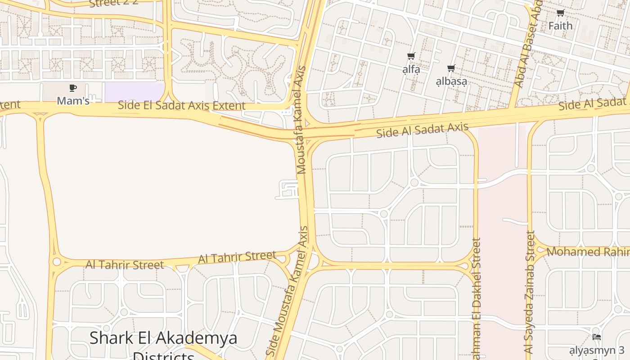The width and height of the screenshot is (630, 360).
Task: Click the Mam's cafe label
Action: tap(73, 101)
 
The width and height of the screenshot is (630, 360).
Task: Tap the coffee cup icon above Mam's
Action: tap(73, 88)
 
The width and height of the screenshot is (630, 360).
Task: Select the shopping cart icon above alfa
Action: tap(411, 57)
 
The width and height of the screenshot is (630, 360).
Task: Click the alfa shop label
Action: tap(411, 69)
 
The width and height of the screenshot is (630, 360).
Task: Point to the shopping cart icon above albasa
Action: tap(451, 68)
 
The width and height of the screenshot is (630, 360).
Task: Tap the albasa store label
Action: tap(451, 81)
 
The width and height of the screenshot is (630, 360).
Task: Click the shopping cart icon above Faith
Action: tap(560, 13)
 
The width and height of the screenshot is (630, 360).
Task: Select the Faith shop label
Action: tap(560, 26)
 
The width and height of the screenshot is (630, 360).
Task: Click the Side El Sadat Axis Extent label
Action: tap(181, 106)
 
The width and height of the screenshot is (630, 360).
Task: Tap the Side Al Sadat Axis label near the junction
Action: tap(422, 130)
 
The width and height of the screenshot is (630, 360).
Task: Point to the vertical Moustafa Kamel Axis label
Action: tap(301, 120)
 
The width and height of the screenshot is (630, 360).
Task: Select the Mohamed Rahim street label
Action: tap(587, 252)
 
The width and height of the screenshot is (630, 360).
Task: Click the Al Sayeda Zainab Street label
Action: tap(530, 292)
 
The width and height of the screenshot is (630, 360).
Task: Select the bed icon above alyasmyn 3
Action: tap(597, 337)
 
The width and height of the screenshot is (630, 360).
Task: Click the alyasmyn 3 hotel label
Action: tap(597, 350)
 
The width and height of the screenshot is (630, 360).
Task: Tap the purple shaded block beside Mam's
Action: tap(134, 92)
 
